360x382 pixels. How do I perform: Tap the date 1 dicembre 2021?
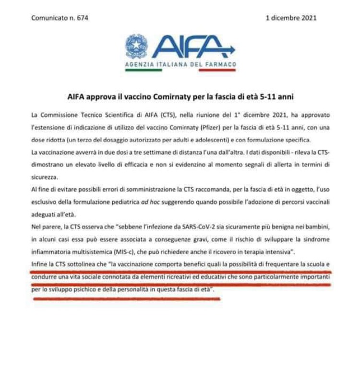tap(291, 18)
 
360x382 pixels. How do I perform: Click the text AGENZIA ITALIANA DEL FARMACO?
tap(180, 64)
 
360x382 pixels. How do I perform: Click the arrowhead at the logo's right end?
tap(232, 48)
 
